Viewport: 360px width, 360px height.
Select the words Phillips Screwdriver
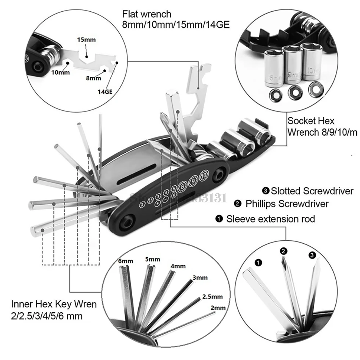(x=286, y=204)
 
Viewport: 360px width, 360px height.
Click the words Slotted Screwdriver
(x=311, y=191)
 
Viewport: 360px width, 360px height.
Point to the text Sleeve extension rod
(x=271, y=219)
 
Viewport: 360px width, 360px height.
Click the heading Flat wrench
(x=147, y=14)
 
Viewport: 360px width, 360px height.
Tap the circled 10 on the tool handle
(x=203, y=175)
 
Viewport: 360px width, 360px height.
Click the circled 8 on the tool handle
(x=183, y=186)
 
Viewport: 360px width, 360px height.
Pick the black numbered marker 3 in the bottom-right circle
(x=312, y=255)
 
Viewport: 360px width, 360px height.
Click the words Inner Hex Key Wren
(x=54, y=304)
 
